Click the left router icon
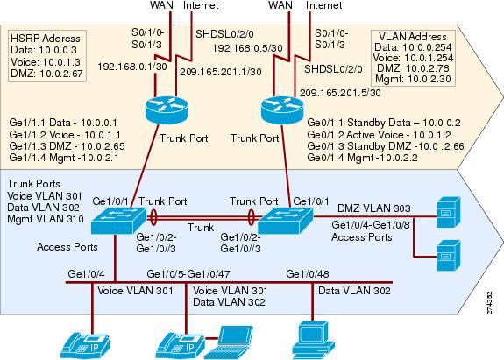(x=167, y=110)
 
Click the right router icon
(x=282, y=110)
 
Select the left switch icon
(x=118, y=221)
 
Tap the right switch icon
(x=285, y=221)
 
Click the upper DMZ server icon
(x=449, y=212)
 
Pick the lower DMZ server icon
(x=449, y=255)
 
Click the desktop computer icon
(x=313, y=340)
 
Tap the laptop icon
(x=229, y=342)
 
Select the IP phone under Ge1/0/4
(x=86, y=346)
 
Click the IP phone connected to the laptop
(x=180, y=346)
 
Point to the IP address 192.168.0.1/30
(x=132, y=67)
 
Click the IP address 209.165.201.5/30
(x=340, y=93)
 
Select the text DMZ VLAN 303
(x=373, y=208)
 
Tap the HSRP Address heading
(x=46, y=39)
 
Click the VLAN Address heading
(x=413, y=36)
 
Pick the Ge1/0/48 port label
(x=308, y=274)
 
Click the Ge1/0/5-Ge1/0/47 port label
(x=188, y=274)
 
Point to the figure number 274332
(x=489, y=302)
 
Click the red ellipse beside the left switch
(x=153, y=218)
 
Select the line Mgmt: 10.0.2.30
(x=413, y=79)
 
